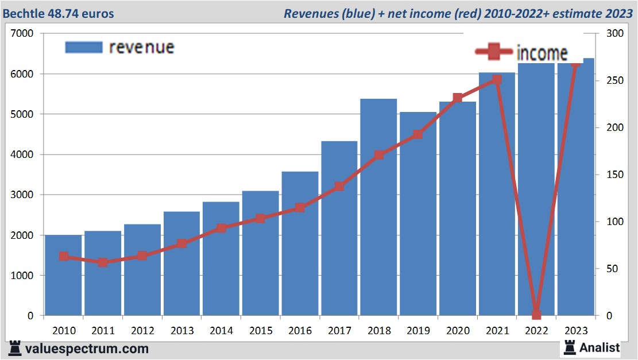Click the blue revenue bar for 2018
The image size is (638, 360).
point(378,207)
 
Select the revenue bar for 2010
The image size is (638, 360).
point(63,276)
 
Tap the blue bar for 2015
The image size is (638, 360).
point(260,253)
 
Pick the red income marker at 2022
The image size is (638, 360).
point(536,314)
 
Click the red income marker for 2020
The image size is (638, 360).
point(458,98)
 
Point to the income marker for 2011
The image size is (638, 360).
point(103,262)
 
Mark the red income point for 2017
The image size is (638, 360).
point(339,186)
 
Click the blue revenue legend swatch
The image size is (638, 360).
point(84,47)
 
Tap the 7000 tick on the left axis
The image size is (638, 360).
point(23,34)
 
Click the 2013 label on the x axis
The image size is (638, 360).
point(181,331)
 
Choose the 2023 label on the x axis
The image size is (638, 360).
point(576,331)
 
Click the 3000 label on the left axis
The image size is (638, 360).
point(23,195)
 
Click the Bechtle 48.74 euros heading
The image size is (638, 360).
point(58,13)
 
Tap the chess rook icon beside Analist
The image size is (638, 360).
point(570,347)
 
